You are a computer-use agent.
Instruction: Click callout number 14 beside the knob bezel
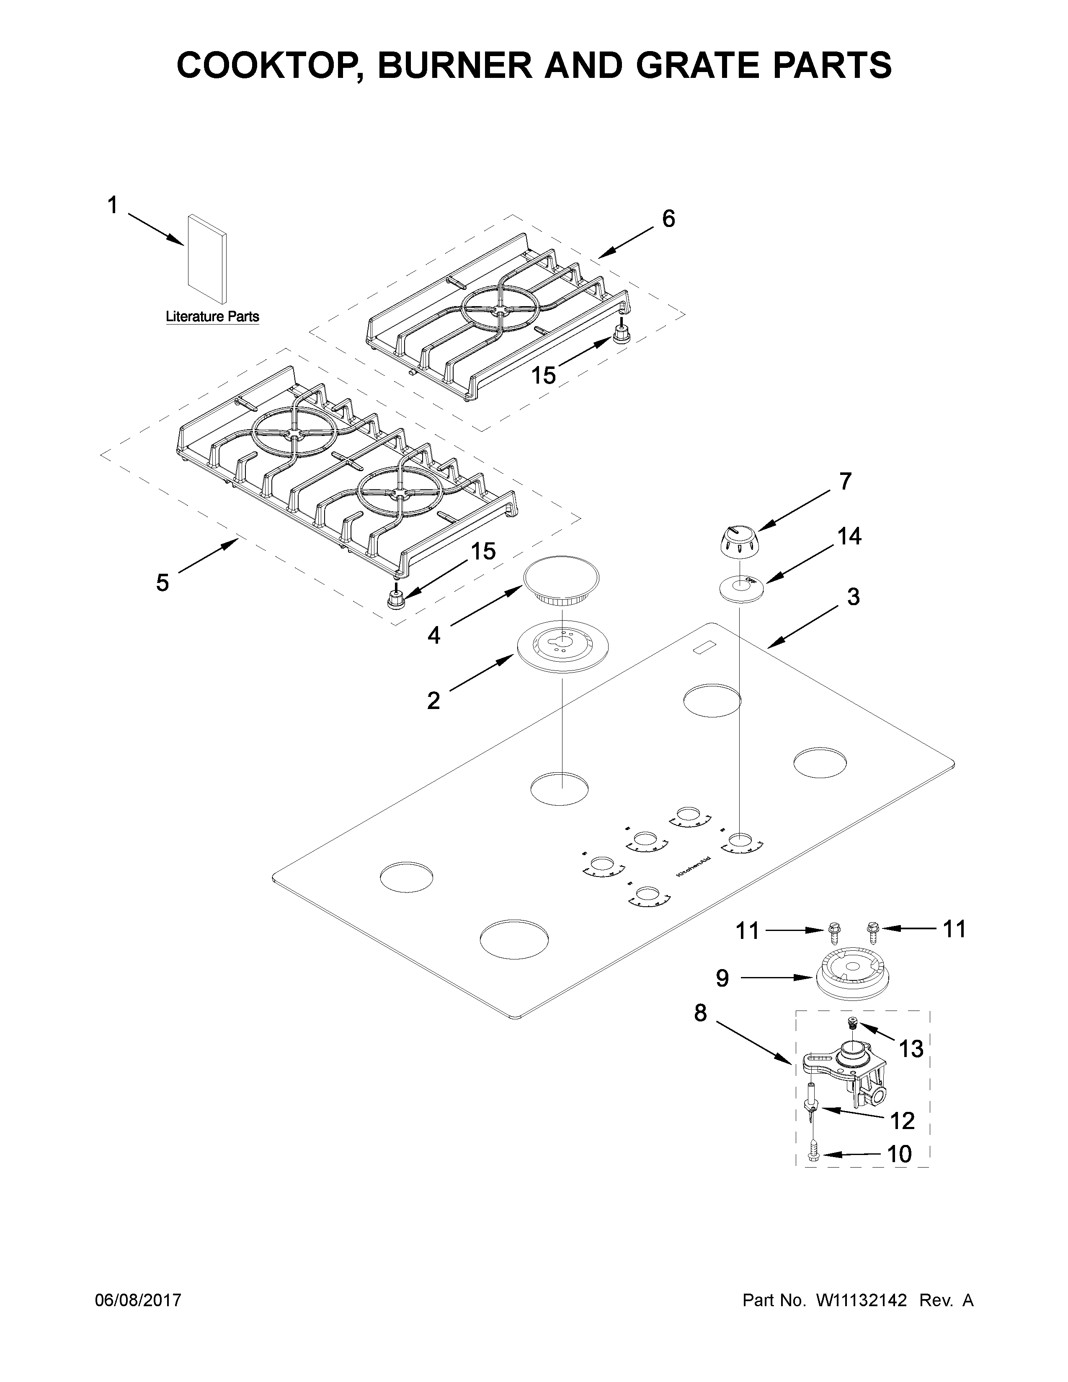[849, 536]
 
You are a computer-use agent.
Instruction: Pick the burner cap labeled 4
[560, 580]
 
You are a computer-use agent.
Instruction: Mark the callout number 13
[911, 1049]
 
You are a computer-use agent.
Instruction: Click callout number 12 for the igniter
[902, 1121]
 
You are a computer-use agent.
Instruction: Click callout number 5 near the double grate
[163, 583]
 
